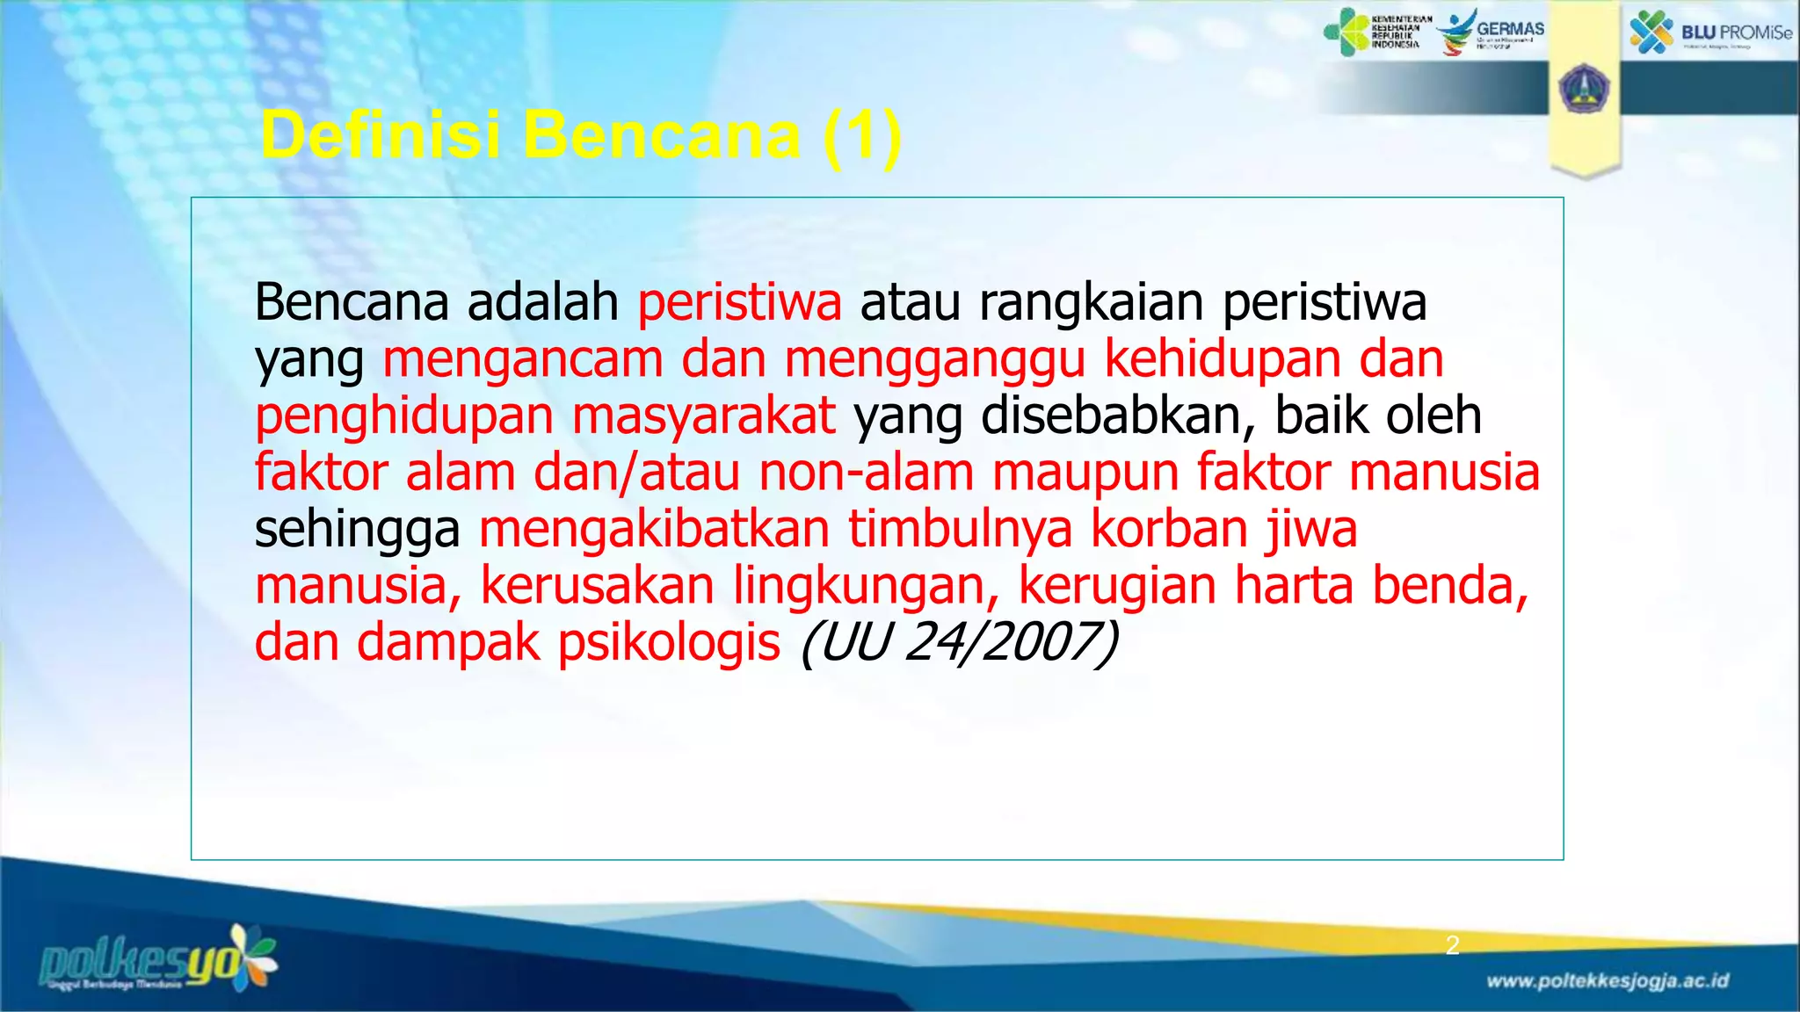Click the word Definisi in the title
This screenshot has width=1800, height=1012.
tap(380, 135)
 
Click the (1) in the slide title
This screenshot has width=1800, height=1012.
tap(862, 135)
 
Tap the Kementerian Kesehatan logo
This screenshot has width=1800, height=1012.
tap(1377, 33)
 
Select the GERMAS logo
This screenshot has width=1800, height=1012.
tap(1491, 32)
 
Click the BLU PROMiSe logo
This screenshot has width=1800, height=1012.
tap(1710, 33)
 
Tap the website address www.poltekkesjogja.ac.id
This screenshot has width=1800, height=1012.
tap(1608, 981)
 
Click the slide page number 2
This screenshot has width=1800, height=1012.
tap(1453, 945)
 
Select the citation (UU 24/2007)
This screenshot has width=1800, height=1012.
tap(959, 642)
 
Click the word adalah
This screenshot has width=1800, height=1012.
tap(542, 302)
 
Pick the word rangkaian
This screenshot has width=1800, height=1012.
tap(1091, 304)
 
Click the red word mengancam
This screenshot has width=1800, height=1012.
tap(522, 360)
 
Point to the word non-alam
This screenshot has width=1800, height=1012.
tap(866, 473)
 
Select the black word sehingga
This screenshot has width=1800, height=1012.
tap(357, 531)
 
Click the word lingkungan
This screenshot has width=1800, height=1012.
tap(866, 587)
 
